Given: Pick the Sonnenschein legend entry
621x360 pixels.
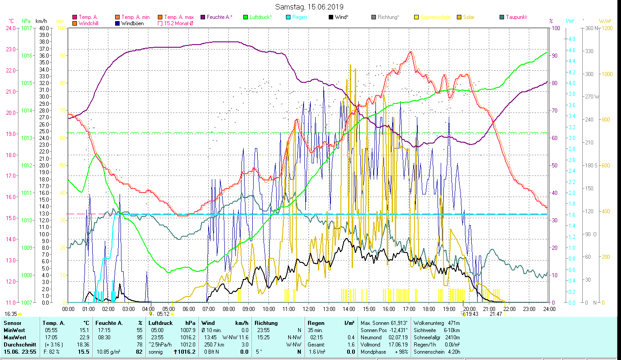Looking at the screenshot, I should [435, 17].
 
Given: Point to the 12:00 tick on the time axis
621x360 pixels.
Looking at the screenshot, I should [309, 309].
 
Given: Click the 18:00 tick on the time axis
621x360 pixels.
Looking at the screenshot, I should [429, 309].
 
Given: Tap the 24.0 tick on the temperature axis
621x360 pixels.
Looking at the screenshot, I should [10, 28].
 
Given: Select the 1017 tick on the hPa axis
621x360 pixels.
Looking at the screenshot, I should [27, 28].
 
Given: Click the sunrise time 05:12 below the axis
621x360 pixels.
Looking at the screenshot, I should [163, 314].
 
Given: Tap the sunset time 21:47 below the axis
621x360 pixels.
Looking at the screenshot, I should [496, 314].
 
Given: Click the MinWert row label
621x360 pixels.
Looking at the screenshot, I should [13, 330].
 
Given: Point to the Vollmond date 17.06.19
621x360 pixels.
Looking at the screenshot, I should [397, 344].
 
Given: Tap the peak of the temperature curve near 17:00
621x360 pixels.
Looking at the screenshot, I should [410, 52].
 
